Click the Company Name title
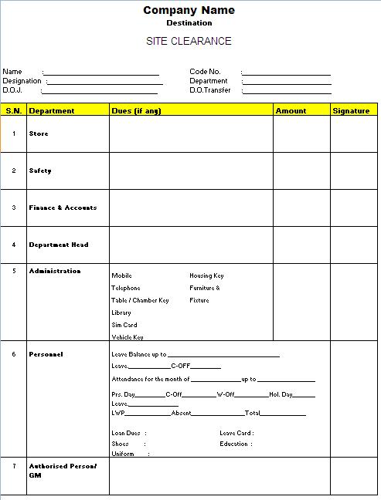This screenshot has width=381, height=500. pyautogui.click(x=189, y=10)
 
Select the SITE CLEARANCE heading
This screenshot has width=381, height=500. pyautogui.click(x=189, y=41)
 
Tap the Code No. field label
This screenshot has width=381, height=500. pyautogui.click(x=205, y=72)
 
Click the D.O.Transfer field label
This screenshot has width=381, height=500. pyautogui.click(x=209, y=90)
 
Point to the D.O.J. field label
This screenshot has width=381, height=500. pyautogui.click(x=13, y=90)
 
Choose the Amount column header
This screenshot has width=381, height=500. pyautogui.click(x=291, y=110)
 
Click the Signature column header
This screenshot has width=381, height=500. pyautogui.click(x=351, y=110)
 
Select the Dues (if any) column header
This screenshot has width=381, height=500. pyautogui.click(x=136, y=110)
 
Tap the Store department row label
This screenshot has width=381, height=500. pyautogui.click(x=39, y=133)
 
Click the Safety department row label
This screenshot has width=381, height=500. pyautogui.click(x=40, y=171)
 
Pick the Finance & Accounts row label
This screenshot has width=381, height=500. pyautogui.click(x=63, y=208)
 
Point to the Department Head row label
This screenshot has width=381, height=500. pyautogui.click(x=59, y=245)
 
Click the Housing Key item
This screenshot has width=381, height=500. pyautogui.click(x=206, y=275)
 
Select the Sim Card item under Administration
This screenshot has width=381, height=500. pyautogui.click(x=124, y=325)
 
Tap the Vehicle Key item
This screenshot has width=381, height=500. pyautogui.click(x=128, y=337)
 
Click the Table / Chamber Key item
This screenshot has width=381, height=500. pyautogui.click(x=140, y=300)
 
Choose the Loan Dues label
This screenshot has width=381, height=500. pyautogui.click(x=127, y=433)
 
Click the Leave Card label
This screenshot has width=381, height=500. pyautogui.click(x=236, y=433)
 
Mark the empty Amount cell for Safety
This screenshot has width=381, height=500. pyautogui.click(x=301, y=171)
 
